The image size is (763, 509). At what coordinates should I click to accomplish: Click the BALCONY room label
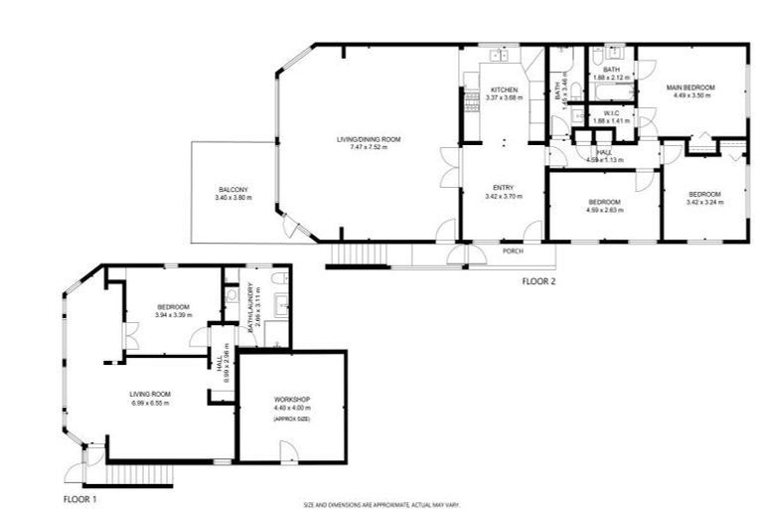pos(233,189)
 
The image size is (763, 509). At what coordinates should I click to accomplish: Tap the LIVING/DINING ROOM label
pos(368,140)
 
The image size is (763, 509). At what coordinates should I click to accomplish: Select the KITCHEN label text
pos(504,89)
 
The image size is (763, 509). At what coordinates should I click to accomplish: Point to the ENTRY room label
pos(503,187)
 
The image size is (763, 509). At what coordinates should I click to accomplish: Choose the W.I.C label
pos(611,113)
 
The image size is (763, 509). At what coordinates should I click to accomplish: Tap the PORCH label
pos(514,251)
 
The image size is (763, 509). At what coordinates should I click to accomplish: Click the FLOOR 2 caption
pos(539,281)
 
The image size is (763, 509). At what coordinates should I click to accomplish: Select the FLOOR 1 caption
pos(80,497)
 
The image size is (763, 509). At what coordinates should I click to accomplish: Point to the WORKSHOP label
pos(292,399)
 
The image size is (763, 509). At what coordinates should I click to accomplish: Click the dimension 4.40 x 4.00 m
pos(292,408)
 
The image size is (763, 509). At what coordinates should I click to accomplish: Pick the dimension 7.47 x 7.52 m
pos(368,149)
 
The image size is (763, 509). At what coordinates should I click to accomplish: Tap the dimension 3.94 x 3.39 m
pos(174,315)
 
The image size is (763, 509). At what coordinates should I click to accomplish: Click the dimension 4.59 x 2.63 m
pos(603,210)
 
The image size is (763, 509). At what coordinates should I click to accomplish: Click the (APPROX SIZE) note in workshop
pos(292,421)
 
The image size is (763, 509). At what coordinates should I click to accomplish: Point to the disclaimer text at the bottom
pos(381,504)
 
